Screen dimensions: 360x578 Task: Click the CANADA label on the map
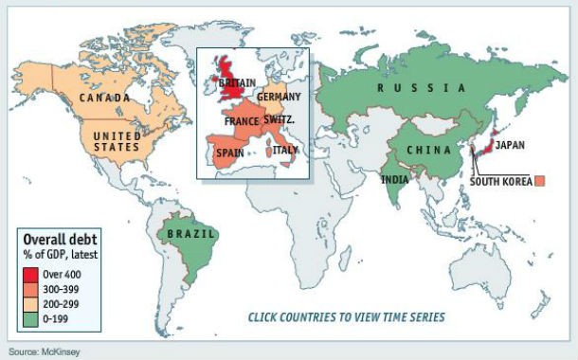coord(105,98)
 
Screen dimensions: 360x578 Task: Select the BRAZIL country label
coord(190,233)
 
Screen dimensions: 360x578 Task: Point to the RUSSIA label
coord(421,88)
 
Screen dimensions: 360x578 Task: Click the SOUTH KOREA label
coord(500,181)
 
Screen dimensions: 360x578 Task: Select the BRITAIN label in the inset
coord(237,83)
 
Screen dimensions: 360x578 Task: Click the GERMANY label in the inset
coord(280,98)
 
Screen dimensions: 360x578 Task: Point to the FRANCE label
coord(244,122)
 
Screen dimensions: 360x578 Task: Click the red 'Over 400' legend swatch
coord(30,273)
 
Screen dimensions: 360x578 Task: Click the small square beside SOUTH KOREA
coord(540,180)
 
